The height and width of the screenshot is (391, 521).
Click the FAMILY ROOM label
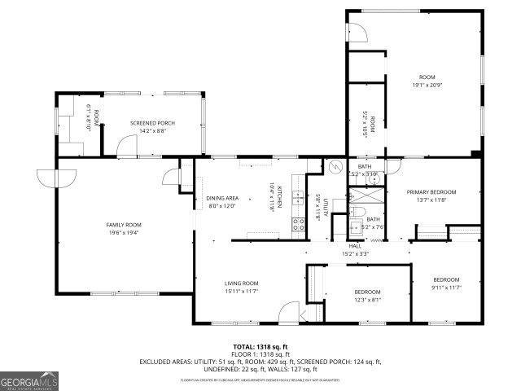tap(124, 224)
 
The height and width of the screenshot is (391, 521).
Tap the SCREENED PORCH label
tap(152, 123)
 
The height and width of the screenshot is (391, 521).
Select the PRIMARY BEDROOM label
tap(431, 192)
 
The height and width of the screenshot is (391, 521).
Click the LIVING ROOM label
tap(242, 283)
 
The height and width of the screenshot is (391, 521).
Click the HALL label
tap(356, 246)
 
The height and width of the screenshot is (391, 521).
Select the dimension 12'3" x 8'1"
tap(366, 299)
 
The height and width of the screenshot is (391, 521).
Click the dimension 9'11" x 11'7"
tap(446, 287)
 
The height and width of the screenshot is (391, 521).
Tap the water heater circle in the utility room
tap(334, 167)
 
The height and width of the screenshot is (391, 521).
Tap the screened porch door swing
tap(125, 147)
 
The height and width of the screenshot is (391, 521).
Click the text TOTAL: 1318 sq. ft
tap(260, 347)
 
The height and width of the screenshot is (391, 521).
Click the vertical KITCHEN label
tap(279, 198)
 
